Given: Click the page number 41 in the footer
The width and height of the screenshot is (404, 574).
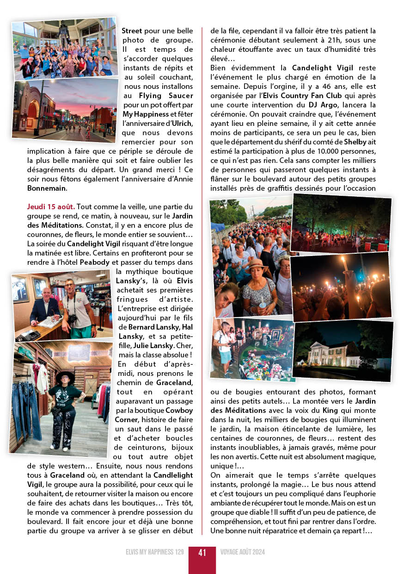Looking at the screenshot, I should [202, 553].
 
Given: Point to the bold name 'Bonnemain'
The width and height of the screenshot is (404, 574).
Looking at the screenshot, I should [47, 188].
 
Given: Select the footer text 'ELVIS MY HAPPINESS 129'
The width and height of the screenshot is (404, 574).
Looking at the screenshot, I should [154, 553].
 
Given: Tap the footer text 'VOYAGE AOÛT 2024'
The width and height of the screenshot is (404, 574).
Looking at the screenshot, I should [243, 553].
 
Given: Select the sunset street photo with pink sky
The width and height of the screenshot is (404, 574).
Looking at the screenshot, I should [65, 109].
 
